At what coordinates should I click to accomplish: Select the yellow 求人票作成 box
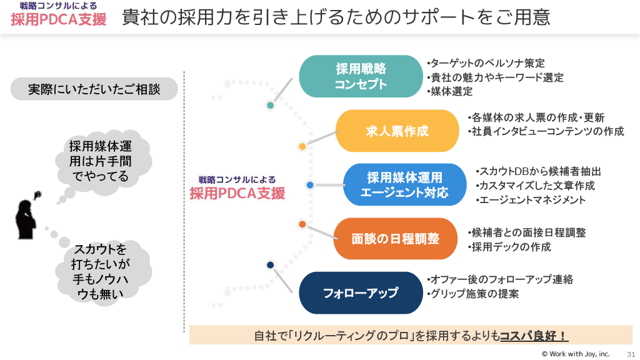pyautogui.click(x=397, y=131)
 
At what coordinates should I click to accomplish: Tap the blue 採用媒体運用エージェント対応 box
pyautogui.click(x=404, y=185)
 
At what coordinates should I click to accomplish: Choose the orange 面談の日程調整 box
pyautogui.click(x=396, y=239)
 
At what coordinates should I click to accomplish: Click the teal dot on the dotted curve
pyautogui.click(x=270, y=105)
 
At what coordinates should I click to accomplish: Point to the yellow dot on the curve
pyautogui.click(x=302, y=146)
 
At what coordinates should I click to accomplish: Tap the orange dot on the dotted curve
pyautogui.click(x=302, y=224)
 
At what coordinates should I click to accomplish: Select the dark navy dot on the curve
pyautogui.click(x=270, y=265)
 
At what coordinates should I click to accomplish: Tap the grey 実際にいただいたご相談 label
pyautogui.click(x=94, y=89)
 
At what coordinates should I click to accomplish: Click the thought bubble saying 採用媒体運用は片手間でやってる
pyautogui.click(x=101, y=161)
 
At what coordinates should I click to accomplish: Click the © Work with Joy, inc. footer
pyautogui.click(x=575, y=354)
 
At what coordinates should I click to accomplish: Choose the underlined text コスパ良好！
pyautogui.click(x=533, y=336)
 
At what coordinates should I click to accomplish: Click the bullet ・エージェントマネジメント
pyautogui.click(x=531, y=200)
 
